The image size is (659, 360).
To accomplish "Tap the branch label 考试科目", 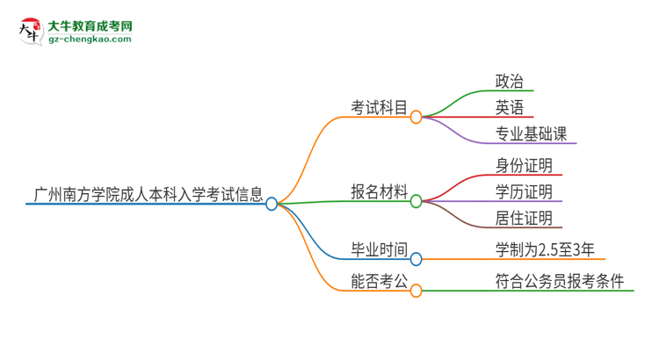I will (379, 108).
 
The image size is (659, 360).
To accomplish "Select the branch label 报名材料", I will (379, 192).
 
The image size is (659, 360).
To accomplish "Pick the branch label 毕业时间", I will (379, 251).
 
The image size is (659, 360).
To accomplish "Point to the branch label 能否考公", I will (379, 282).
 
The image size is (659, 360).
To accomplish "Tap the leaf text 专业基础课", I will (532, 134).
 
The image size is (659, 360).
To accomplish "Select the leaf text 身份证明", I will (524, 165).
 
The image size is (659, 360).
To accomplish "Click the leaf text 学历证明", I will (524, 191).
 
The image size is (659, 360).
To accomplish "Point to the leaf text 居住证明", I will (524, 218).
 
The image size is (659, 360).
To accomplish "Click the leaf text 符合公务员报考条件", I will (559, 282).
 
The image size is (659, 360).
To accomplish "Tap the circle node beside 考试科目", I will (416, 116).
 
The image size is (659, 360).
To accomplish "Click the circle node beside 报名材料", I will (416, 200).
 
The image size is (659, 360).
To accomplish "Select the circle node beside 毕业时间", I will (416, 259).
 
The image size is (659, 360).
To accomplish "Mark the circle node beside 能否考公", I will (416, 290).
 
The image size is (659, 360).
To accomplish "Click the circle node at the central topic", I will (272, 204).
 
